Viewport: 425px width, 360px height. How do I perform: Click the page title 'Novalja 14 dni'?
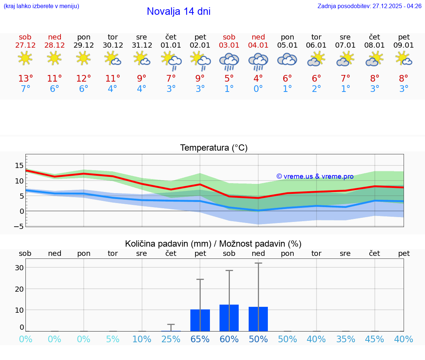pos(179,11)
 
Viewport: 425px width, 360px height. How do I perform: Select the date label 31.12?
pos(142,45)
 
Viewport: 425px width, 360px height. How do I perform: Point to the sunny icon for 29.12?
pos(84,58)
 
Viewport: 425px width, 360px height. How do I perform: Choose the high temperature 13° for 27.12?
pos(25,79)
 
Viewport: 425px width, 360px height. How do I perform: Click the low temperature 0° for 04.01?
pos(258,89)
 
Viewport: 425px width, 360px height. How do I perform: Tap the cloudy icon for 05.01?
pos(287,59)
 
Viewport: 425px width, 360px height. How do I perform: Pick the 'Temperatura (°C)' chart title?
pos(214,148)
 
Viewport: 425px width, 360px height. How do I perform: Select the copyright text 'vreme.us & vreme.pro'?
pos(315,176)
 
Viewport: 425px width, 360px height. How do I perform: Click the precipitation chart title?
pos(213,244)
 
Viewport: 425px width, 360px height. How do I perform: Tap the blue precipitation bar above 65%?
pos(200,320)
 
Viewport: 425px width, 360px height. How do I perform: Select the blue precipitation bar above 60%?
pos(229,318)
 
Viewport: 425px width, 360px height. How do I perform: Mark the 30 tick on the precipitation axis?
pos(19,268)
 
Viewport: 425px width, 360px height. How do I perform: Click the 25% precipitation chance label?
pos(171,339)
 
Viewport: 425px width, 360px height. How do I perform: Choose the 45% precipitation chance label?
pos(375,339)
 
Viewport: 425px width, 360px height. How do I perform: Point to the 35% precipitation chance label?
pos(346,339)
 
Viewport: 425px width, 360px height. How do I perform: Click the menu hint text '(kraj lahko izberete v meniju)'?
pos(41,6)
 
